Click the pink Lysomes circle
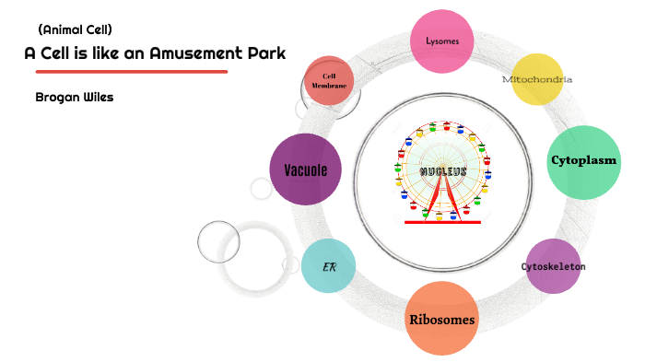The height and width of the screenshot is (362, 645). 449,41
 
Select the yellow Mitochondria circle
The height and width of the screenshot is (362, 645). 537,79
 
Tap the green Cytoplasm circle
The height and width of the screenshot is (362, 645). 584,161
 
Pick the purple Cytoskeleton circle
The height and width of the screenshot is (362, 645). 553,266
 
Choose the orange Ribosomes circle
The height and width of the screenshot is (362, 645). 442,320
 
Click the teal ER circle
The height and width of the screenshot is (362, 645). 328,266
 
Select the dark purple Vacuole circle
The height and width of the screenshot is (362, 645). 305,169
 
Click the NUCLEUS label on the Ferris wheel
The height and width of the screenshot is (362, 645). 443,172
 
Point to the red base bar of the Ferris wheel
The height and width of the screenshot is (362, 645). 443,222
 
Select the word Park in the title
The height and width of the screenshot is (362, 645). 267,53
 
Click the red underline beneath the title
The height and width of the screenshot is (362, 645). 131,71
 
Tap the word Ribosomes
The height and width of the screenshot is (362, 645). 442,321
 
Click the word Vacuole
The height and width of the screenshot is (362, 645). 305,169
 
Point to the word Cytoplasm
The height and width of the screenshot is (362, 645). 584,161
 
